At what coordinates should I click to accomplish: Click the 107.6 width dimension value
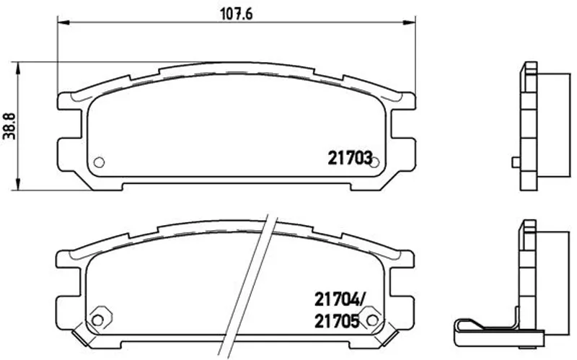tap(237, 14)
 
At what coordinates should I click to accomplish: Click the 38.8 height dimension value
tap(10, 126)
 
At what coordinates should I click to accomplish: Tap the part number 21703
tap(350, 158)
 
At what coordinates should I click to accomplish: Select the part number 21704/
tap(338, 300)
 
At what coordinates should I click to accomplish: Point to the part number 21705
tap(336, 322)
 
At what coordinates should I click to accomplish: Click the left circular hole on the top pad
tap(99, 162)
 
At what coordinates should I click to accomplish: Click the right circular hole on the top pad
tap(374, 162)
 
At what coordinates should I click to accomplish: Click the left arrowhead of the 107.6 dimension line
tap(63, 23)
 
